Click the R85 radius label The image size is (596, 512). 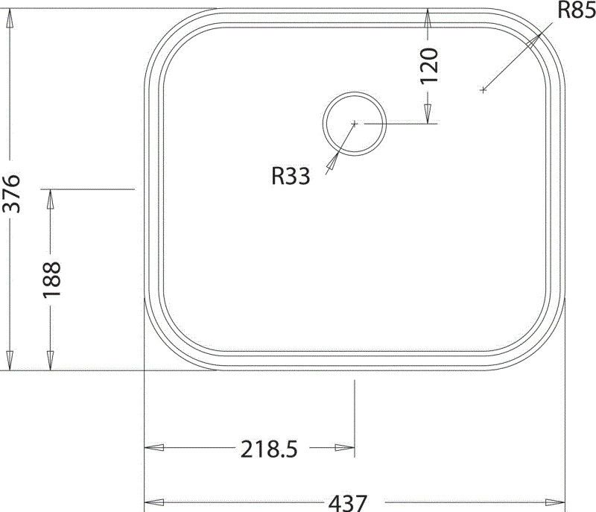(x=575, y=10)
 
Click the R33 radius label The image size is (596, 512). (x=291, y=175)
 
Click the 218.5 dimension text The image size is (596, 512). (x=269, y=449)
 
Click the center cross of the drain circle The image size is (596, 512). (x=355, y=123)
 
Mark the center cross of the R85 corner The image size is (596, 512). (x=483, y=89)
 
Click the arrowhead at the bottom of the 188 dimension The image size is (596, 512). (x=51, y=361)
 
